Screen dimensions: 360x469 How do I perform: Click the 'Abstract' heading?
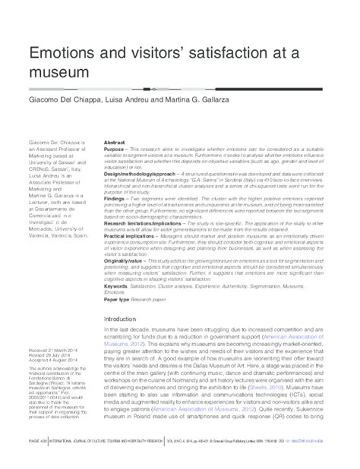[x=113, y=142]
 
